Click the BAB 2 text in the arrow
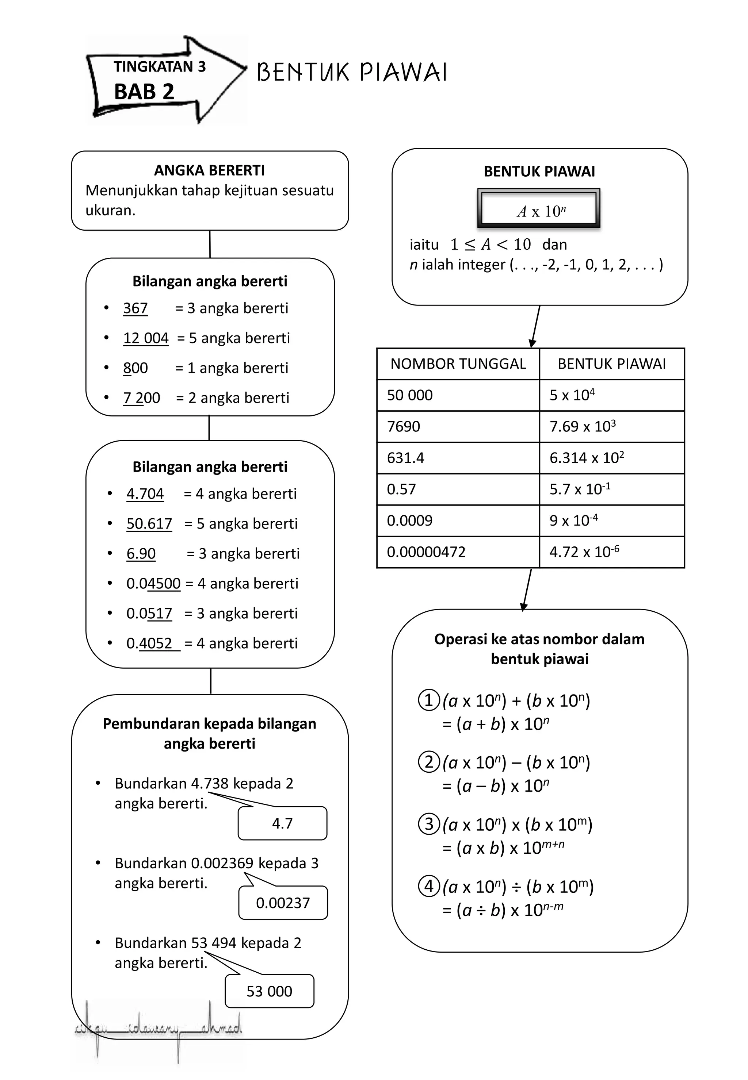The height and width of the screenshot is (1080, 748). coord(144,92)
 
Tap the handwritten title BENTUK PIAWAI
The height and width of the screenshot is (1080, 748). coord(351,73)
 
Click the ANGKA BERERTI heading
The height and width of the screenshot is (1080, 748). coord(210,170)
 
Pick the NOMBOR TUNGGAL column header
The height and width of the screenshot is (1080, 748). coord(458,364)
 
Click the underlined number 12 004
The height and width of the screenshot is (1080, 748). coord(146,338)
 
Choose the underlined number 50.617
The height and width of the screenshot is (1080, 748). coord(149,524)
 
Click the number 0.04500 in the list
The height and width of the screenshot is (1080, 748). coord(153,584)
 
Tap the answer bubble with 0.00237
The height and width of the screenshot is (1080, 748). coord(283,903)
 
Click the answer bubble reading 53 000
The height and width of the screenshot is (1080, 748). coord(269,991)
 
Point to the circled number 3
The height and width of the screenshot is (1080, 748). coord(429,824)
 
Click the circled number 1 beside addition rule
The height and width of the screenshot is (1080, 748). coord(429,701)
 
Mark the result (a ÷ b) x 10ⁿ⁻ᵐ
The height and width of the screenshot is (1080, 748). coord(503,910)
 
